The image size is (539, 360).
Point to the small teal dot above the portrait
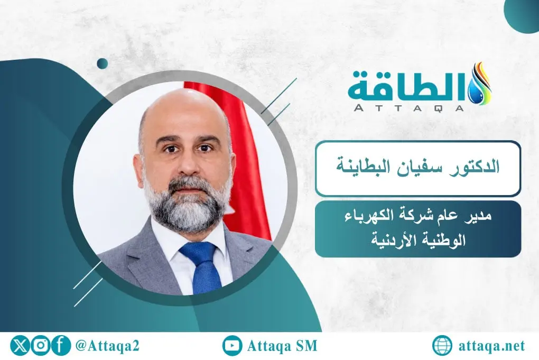(103, 63)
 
